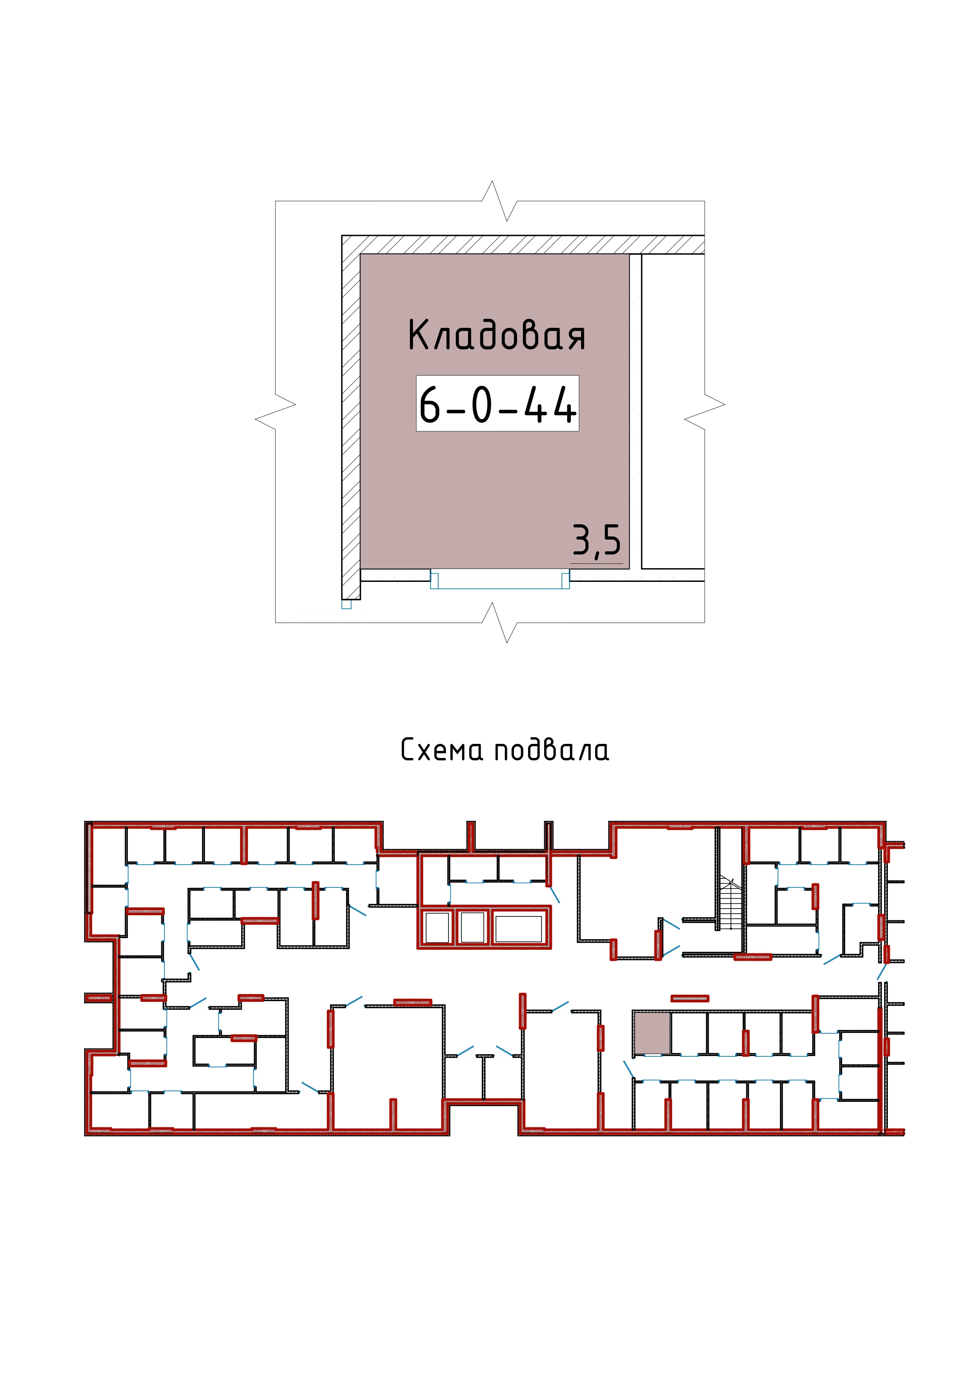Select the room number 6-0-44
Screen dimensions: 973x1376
tap(497, 405)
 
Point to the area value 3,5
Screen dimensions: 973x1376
tap(596, 541)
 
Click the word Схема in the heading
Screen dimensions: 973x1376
tap(441, 750)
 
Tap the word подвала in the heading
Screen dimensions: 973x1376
tap(552, 750)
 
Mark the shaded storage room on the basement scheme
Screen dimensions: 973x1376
tap(652, 1032)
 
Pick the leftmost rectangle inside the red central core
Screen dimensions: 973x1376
tap(437, 928)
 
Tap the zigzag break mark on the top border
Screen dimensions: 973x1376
tap(499, 201)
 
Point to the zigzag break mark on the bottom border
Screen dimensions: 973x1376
tap(499, 623)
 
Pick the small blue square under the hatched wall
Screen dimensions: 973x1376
tap(346, 604)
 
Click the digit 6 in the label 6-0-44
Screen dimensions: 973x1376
tap(429, 405)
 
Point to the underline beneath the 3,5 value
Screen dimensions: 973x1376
tap(596, 564)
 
